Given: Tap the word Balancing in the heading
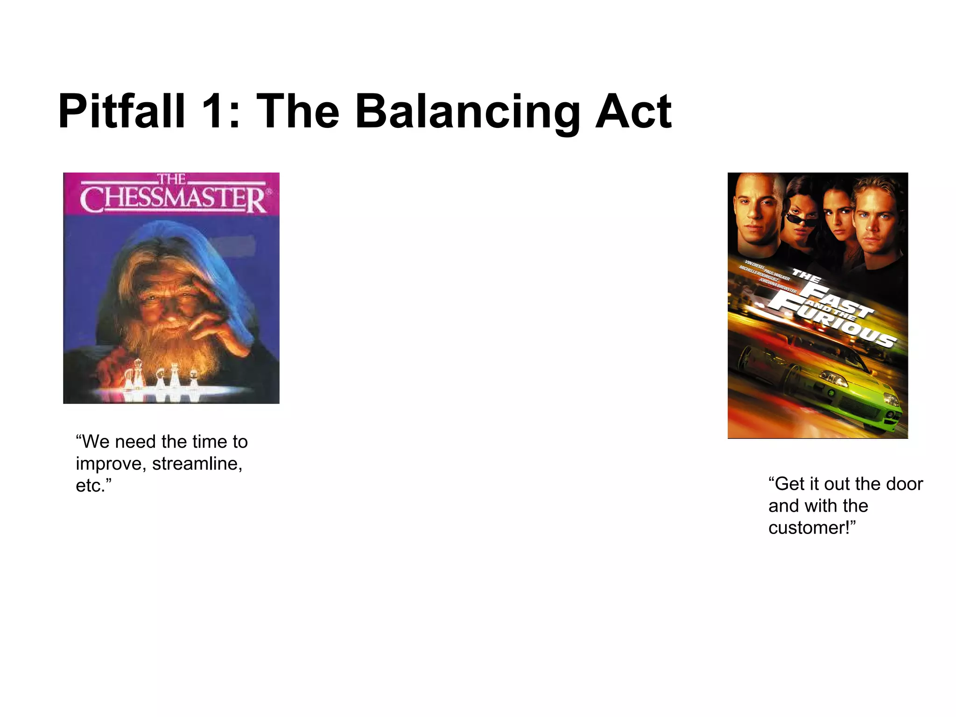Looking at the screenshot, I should click(x=467, y=112).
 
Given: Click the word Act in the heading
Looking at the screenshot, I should click(x=633, y=112).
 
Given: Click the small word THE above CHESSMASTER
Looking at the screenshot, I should click(x=171, y=179).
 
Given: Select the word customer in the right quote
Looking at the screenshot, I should click(x=810, y=528).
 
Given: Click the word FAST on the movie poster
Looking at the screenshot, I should click(x=836, y=299).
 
